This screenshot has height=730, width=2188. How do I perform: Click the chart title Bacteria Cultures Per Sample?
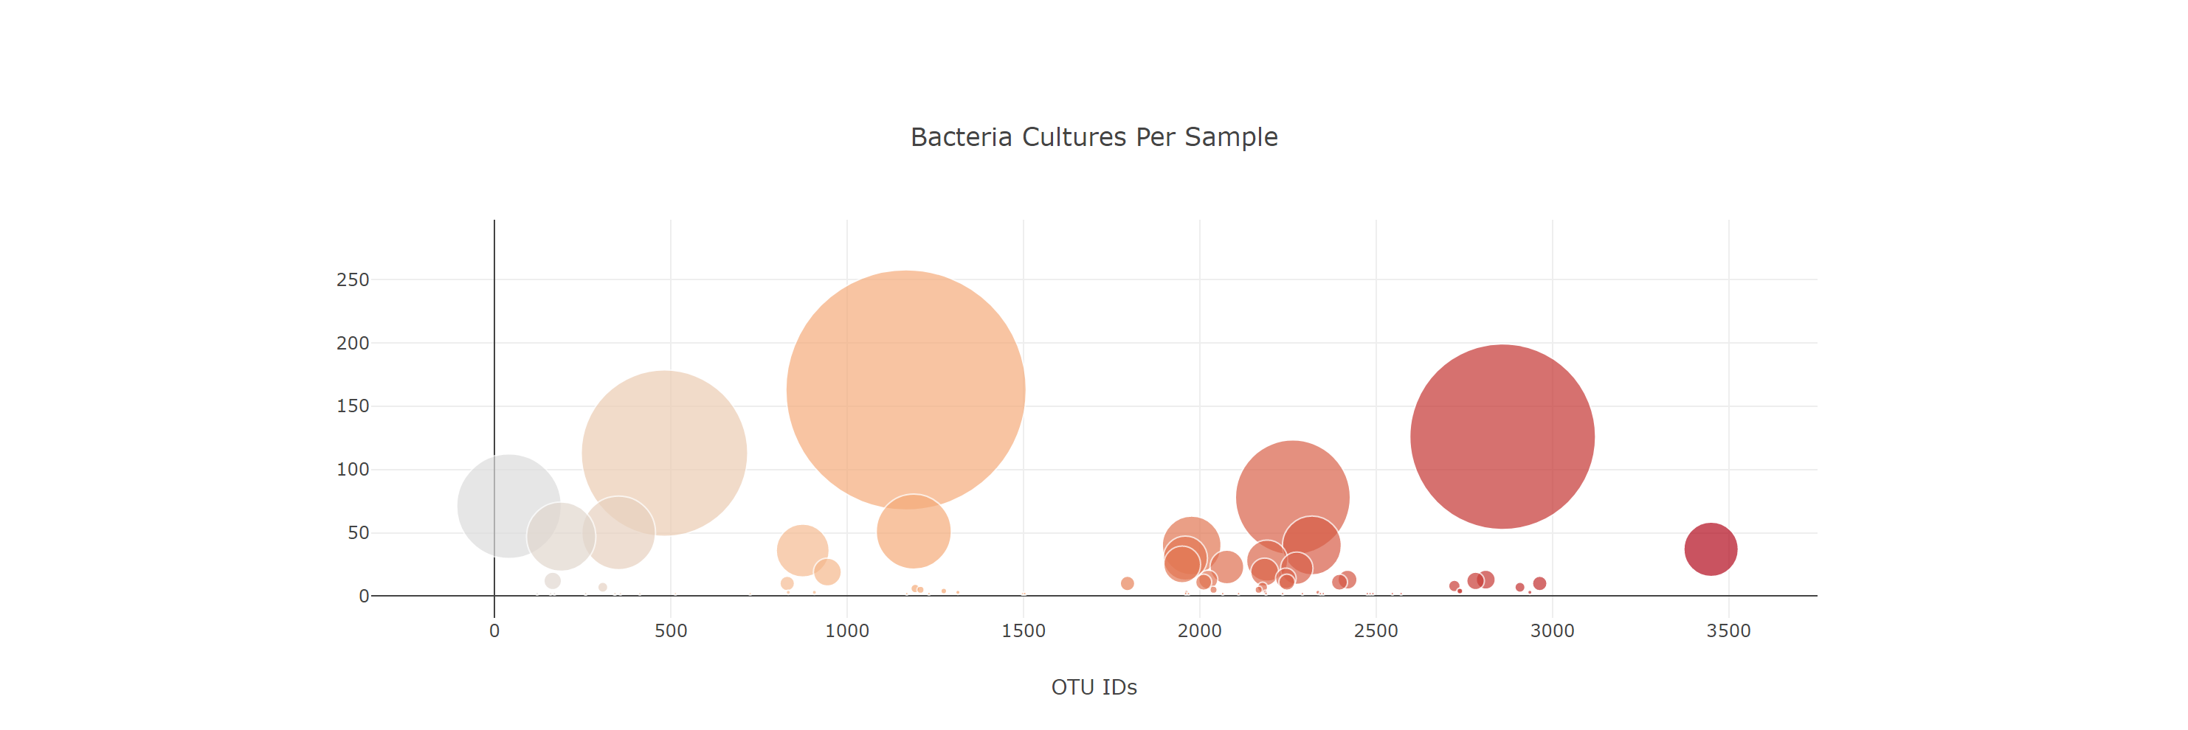pyautogui.click(x=1093, y=136)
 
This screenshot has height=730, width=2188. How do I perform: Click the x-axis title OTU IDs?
pyautogui.click(x=1093, y=686)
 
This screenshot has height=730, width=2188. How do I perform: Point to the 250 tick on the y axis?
pyautogui.click(x=353, y=279)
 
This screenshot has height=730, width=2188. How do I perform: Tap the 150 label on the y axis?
pyautogui.click(x=353, y=406)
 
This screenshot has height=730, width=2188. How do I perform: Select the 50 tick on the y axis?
pyautogui.click(x=358, y=532)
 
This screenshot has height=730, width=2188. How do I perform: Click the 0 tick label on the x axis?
pyautogui.click(x=494, y=630)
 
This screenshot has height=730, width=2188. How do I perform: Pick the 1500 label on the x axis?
pyautogui.click(x=1023, y=630)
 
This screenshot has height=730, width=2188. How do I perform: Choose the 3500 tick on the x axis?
pyautogui.click(x=1728, y=630)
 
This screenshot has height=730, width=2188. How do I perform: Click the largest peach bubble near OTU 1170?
pyautogui.click(x=905, y=389)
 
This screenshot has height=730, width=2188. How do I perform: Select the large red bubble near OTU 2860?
pyautogui.click(x=1502, y=437)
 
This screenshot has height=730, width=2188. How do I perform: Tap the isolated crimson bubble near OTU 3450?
pyautogui.click(x=1710, y=549)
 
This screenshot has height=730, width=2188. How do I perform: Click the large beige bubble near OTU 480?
pyautogui.click(x=663, y=442)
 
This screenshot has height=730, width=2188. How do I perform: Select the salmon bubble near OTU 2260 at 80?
pyautogui.click(x=1291, y=484)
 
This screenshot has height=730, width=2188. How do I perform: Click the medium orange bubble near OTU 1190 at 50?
pyautogui.click(x=913, y=532)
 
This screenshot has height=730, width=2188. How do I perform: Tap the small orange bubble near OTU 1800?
pyautogui.click(x=1127, y=583)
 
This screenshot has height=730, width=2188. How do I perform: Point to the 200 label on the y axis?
pyautogui.click(x=353, y=343)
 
